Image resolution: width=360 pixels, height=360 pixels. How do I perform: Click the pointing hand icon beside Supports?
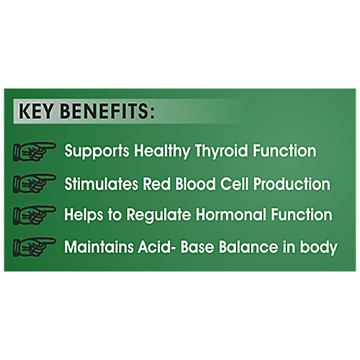click(x=35, y=152)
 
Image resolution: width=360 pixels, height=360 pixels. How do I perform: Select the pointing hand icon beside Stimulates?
click(x=35, y=184)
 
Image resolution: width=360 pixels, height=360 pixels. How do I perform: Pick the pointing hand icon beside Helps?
click(x=35, y=216)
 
